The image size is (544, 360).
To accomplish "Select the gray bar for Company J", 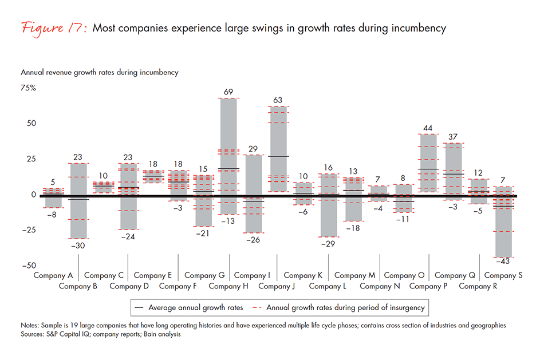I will coord(279,149).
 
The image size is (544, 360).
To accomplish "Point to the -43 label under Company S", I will coord(504,262).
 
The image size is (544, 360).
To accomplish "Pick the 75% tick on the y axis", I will coord(29,88).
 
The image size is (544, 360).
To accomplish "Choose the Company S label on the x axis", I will coord(503,275).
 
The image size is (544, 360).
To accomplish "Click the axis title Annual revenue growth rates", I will coord(99,73).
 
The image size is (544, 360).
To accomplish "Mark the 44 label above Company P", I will coord(428,128).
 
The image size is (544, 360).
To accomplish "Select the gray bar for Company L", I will coord(329,205).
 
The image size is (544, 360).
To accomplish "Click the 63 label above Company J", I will coord(279,100).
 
